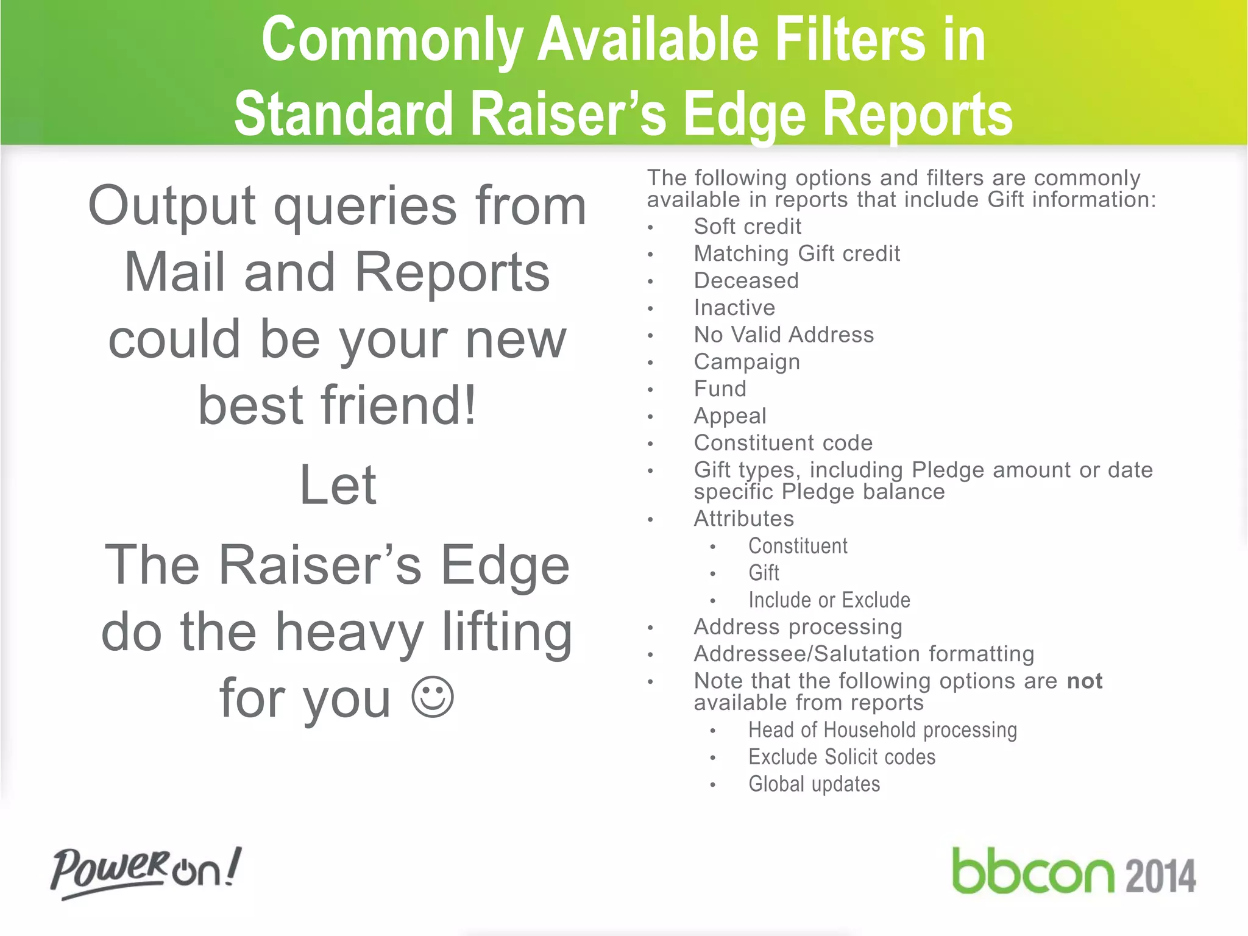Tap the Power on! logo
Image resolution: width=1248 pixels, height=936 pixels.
146,871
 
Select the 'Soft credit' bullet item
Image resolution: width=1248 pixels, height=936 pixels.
747,227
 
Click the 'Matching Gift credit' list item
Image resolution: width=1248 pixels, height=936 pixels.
796,253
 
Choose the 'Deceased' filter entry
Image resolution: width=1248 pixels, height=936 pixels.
746,281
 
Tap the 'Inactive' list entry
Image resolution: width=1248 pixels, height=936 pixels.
734,308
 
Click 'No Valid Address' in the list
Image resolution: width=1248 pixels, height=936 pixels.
784,335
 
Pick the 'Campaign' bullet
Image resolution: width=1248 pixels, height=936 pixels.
746,362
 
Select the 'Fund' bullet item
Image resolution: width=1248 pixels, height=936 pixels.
720,389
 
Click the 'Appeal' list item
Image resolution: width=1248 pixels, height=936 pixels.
730,416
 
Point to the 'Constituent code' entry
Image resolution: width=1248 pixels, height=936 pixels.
783,443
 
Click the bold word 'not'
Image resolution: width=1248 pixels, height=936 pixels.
1085,681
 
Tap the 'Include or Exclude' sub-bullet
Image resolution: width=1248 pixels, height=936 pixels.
829,600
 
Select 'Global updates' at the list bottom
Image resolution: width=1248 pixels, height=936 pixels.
814,784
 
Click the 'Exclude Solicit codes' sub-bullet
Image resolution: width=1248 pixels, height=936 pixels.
842,757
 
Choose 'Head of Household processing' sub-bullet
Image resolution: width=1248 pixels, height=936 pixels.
882,730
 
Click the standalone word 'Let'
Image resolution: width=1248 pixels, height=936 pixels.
338,485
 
